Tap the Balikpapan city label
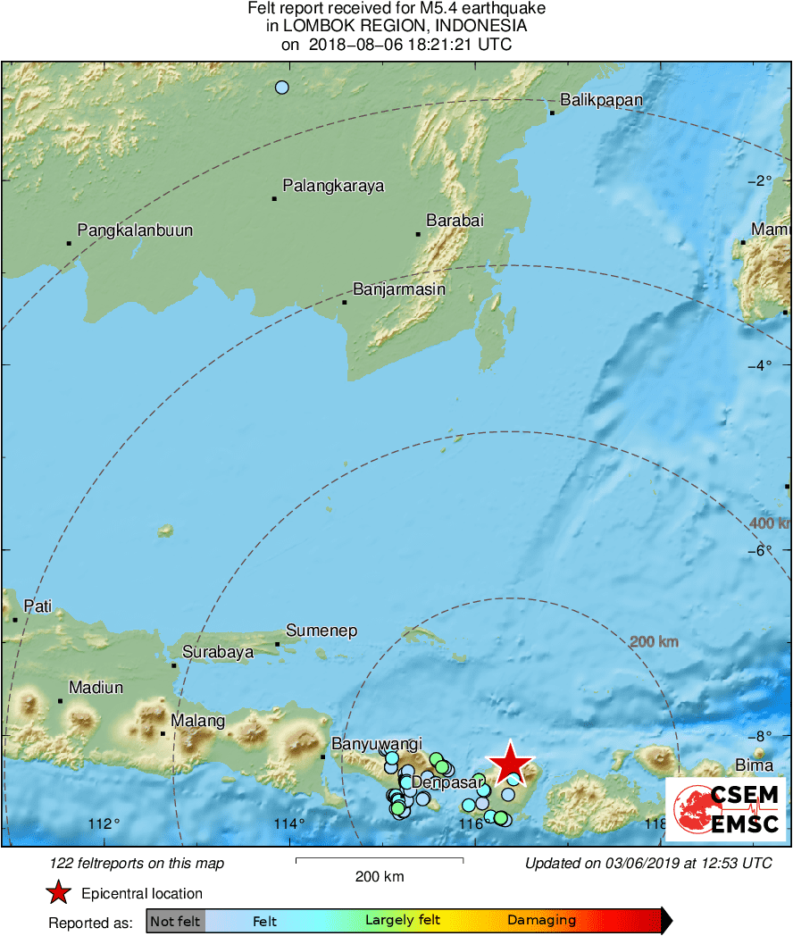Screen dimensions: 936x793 [601, 100]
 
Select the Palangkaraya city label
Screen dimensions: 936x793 [333, 186]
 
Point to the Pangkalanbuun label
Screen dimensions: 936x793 [135, 230]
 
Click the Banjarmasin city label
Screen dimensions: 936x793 [399, 289]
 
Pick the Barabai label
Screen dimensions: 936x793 [455, 221]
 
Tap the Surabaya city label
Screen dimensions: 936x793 [218, 652]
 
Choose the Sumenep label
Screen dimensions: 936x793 [321, 631]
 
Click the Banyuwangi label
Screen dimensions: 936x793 [377, 744]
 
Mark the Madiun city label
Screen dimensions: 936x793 [96, 688]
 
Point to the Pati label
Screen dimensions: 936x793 [38, 606]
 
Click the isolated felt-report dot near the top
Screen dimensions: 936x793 [282, 88]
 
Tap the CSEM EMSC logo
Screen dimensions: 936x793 [725, 808]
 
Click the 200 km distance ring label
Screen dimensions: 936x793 [654, 642]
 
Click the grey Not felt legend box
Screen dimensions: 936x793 [175, 921]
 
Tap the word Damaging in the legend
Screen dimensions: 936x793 [541, 921]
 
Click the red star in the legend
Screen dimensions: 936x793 [58, 892]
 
